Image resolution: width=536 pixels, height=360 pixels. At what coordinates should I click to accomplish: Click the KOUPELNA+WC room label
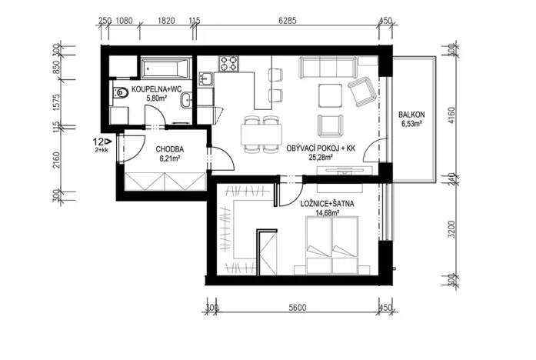(156, 90)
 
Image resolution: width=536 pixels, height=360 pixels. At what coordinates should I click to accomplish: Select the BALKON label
(412, 115)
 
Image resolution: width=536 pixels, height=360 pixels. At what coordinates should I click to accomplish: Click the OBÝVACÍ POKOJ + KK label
(321, 148)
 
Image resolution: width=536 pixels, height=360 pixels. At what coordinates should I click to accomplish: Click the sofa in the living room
(327, 68)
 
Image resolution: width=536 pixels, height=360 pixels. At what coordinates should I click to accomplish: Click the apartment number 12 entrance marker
(100, 142)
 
